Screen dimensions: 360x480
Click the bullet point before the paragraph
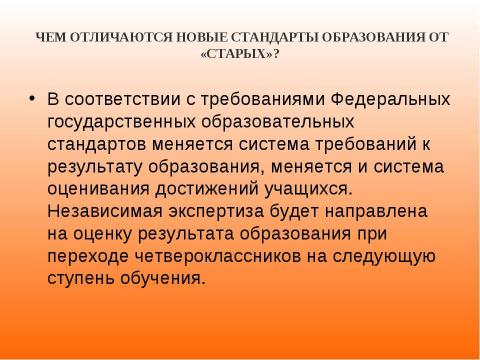(33, 100)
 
